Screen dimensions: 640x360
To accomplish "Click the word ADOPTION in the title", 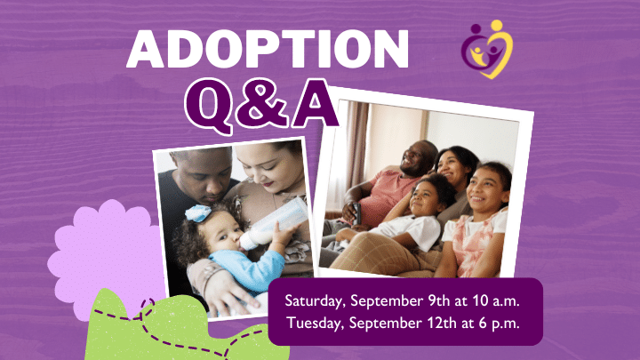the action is pos(268,49).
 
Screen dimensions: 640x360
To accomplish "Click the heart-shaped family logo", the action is pos(487,49).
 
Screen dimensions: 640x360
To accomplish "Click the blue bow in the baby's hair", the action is pos(198,213).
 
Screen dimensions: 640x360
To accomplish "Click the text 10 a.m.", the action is pos(496,300).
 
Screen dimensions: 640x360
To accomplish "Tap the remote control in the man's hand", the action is pos(357,213).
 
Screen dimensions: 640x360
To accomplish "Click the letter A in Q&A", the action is pos(315,104).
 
